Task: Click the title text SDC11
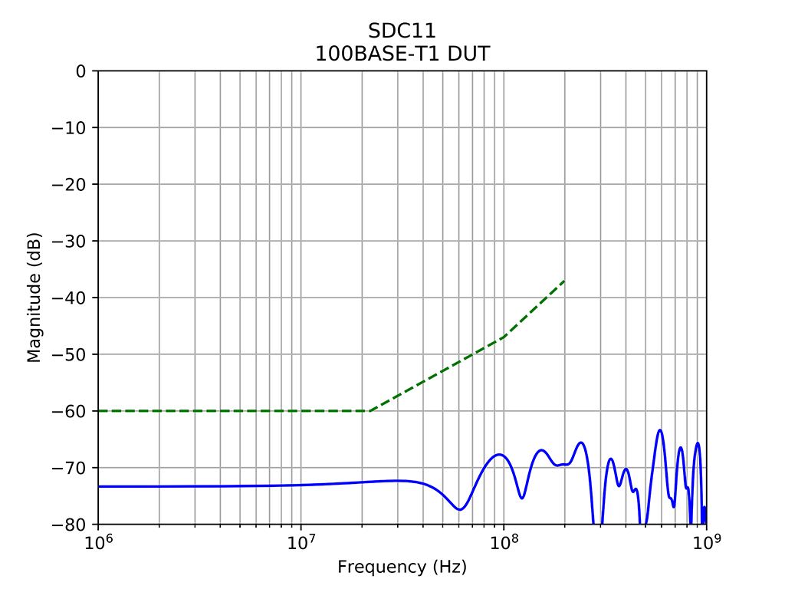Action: [x=402, y=31]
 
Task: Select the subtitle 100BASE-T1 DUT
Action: [x=402, y=54]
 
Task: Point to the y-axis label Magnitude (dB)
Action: [x=34, y=298]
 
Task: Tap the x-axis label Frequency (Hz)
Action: [x=402, y=567]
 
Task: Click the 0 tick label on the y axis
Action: [x=81, y=71]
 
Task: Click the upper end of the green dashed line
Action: [x=564, y=281]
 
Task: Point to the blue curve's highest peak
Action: [x=660, y=430]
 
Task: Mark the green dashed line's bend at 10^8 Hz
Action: [x=504, y=337]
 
